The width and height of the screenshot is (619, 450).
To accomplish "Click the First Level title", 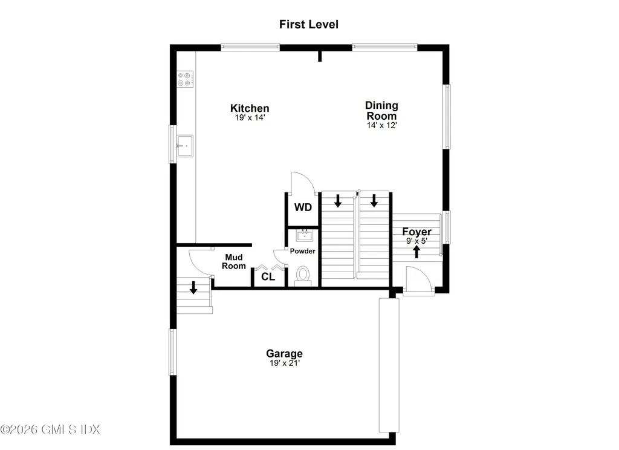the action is point(309,24).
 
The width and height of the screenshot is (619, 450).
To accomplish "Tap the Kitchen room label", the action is point(250,108).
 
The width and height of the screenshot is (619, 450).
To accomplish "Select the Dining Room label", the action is point(381,111).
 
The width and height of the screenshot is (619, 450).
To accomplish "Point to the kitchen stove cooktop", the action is point(185,79).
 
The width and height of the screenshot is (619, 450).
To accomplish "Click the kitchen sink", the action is point(185,146).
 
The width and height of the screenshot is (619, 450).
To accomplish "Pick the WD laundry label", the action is point(303,207).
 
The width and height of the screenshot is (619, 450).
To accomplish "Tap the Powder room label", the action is point(303,251).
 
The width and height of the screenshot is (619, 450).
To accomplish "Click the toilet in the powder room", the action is point(303,276).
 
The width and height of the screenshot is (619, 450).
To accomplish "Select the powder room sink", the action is point(305,236).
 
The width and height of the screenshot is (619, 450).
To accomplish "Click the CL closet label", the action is point(268,277).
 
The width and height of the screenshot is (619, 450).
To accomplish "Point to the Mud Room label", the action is point(234,261).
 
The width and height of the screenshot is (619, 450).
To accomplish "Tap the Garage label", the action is point(284,354).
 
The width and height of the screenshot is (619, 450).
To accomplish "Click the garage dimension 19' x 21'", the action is point(285,363).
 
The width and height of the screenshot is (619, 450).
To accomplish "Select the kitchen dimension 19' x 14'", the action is point(250,118).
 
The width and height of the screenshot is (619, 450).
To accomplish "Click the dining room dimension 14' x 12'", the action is point(381,126).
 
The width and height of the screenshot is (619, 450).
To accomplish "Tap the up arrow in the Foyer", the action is point(416,252).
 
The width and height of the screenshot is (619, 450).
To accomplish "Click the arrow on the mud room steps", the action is point(193,288).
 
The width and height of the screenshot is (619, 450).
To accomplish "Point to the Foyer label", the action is point(417,232).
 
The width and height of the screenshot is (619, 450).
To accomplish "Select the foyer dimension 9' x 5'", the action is point(417,241).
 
